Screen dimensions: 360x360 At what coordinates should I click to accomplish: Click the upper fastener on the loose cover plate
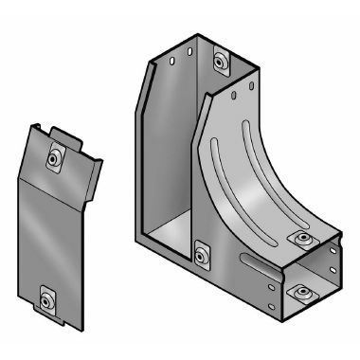click(x=55, y=157)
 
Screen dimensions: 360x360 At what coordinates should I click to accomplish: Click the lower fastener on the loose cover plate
click(x=45, y=301)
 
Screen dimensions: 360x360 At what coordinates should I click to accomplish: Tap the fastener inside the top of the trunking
click(x=222, y=63)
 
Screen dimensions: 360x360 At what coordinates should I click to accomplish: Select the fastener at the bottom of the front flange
click(x=201, y=254)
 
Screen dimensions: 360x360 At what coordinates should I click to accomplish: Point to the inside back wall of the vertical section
click(x=171, y=142)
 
